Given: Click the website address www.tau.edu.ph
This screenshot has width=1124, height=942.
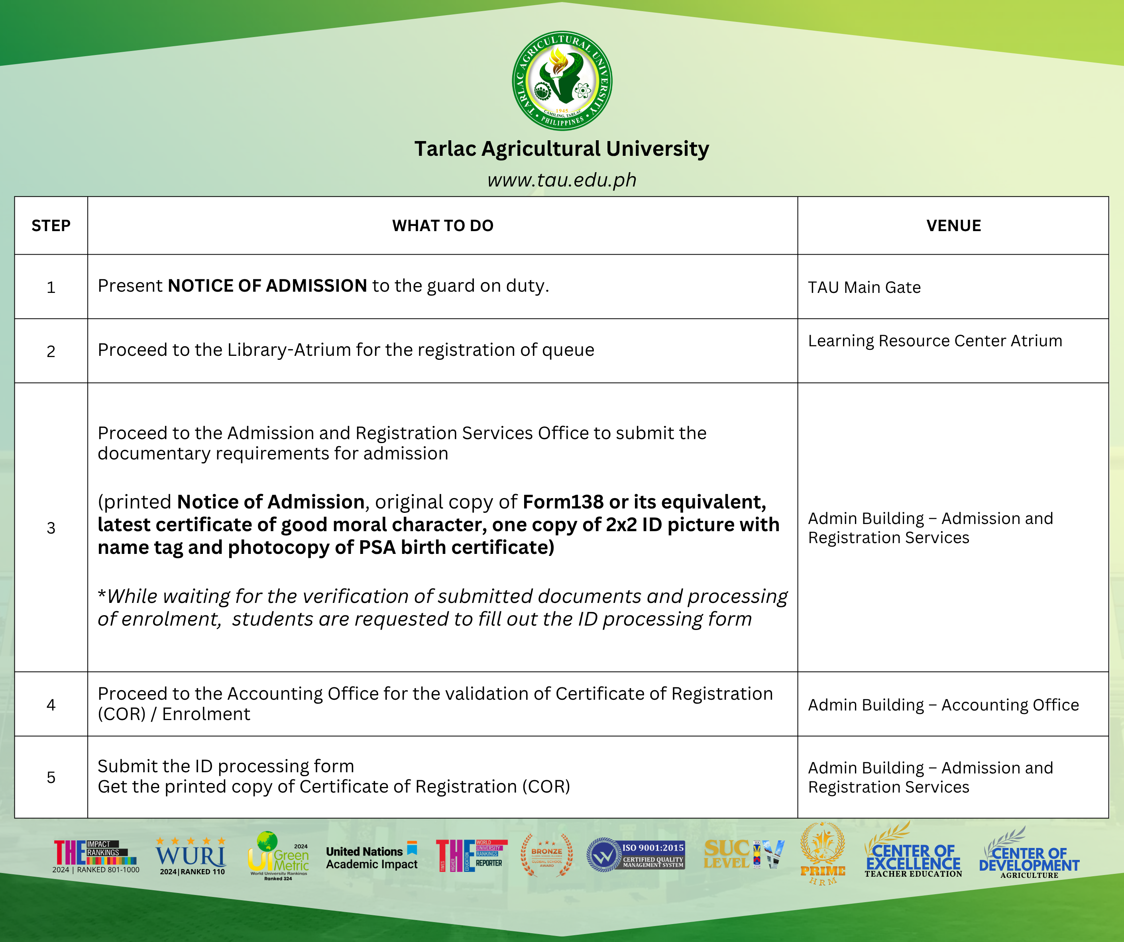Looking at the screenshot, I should pos(562,180).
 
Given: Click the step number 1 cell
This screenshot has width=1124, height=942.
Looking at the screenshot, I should pos(51,287).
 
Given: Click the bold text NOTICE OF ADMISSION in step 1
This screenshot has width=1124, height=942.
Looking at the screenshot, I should pos(267,286).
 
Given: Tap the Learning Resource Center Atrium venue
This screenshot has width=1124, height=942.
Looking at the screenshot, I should pos(935,341).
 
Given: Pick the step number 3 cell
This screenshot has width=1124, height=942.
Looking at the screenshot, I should pos(51,528).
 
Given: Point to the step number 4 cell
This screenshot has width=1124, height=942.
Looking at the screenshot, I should pos(51,705).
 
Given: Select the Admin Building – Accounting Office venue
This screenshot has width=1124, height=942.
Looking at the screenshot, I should pos(943,705).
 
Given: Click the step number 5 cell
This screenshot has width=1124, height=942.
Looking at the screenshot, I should pos(51,777).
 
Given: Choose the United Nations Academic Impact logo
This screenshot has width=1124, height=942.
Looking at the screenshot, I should pos(371,858).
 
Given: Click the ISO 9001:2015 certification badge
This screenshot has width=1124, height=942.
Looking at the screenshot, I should pos(636,855).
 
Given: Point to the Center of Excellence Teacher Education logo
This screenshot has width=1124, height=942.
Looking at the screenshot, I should pos(913,856).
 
